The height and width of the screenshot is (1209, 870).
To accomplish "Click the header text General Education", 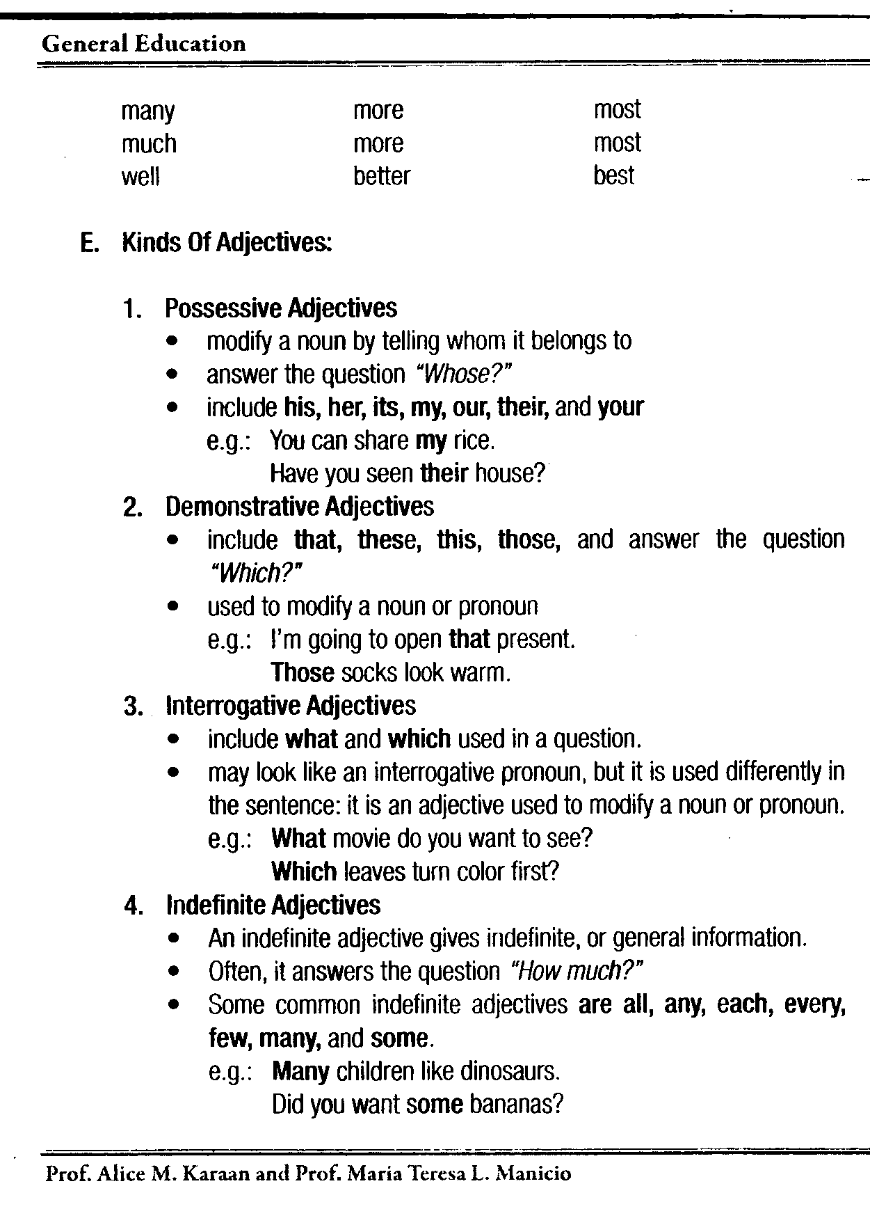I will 143,45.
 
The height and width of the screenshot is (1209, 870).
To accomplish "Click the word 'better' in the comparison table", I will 381,175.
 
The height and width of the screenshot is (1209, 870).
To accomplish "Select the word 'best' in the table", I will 613,175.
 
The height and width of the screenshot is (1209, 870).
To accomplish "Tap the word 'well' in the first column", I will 140,177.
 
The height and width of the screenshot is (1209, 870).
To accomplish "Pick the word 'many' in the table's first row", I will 147,111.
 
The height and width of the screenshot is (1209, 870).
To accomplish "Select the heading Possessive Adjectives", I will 281,308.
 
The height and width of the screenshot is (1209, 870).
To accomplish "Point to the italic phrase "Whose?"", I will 463,374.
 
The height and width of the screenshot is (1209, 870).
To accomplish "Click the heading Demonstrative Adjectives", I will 299,507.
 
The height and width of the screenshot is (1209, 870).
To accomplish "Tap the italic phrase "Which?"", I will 256,573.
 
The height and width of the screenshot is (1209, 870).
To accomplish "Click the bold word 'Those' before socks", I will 303,672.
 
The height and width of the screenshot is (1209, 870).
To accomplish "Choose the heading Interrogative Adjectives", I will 291,706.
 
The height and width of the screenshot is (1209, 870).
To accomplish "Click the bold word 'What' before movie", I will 298,838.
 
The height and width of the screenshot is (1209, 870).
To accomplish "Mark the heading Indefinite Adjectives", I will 273,905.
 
